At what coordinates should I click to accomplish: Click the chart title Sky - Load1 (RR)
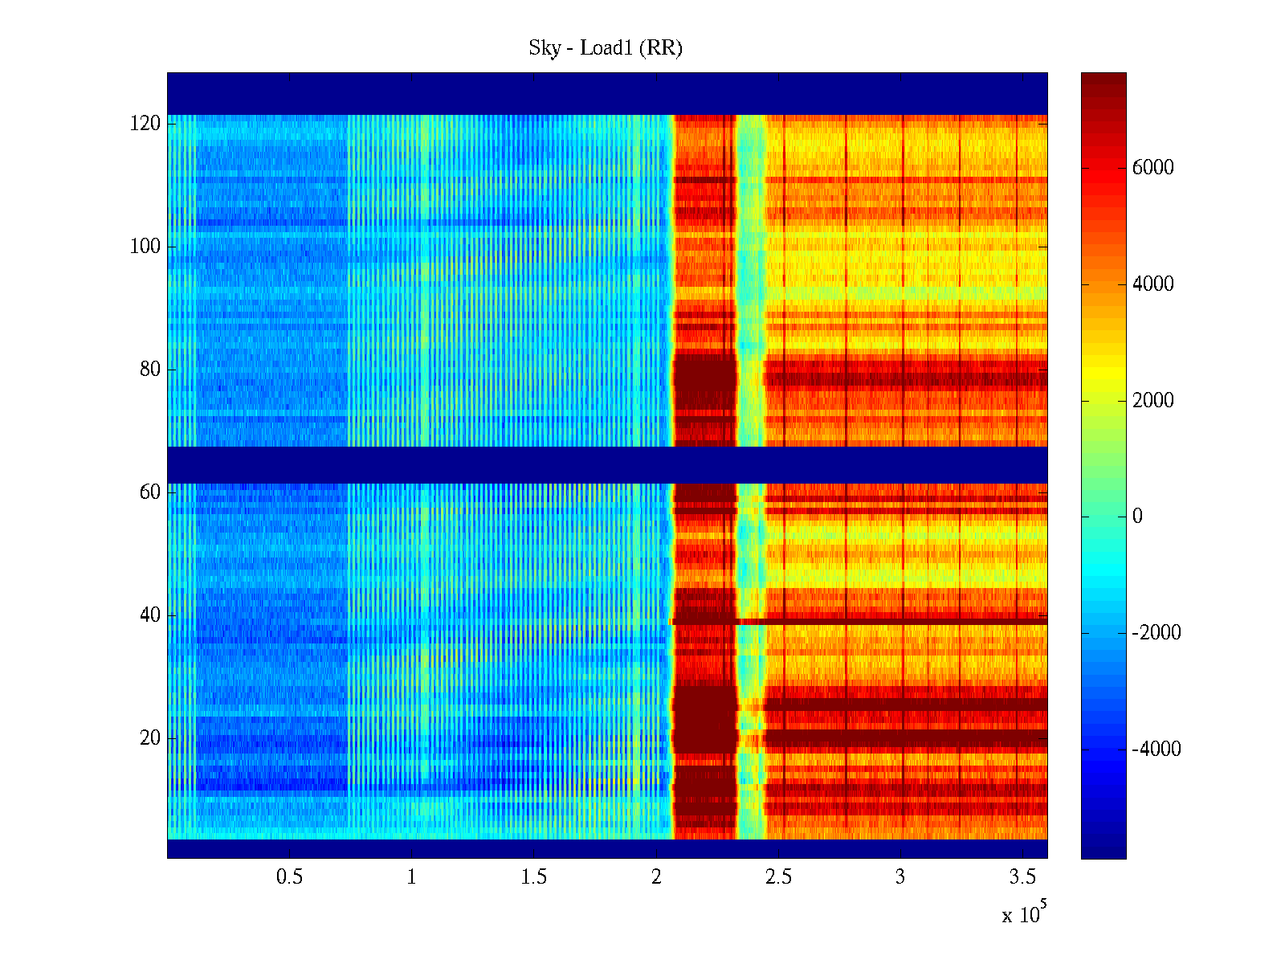606,48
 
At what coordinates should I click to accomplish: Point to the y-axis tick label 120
145,124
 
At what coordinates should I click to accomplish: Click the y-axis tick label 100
145,247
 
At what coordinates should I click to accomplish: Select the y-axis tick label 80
150,370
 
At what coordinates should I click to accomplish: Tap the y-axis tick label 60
150,492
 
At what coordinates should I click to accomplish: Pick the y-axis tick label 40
150,615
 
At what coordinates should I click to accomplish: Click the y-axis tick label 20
150,737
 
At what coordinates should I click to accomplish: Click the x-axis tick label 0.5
289,877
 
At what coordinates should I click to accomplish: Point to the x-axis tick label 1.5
533,877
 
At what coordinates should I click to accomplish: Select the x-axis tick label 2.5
778,877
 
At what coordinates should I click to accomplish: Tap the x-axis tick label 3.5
1022,877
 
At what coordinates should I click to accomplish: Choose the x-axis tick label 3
900,877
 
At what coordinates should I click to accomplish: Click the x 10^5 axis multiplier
1023,913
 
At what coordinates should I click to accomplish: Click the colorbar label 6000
1153,168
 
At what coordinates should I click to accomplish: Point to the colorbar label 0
1137,517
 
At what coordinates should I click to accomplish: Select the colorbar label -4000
1156,750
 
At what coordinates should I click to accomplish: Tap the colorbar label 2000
1153,400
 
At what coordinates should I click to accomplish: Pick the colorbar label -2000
1156,633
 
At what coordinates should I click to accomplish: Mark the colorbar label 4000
1153,284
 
